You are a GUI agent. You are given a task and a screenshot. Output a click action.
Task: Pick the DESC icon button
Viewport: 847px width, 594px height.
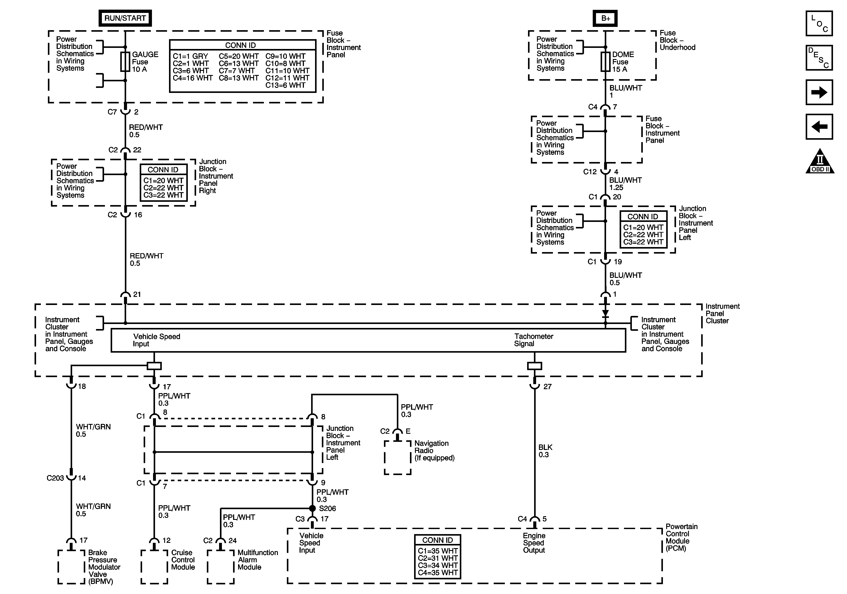(819, 57)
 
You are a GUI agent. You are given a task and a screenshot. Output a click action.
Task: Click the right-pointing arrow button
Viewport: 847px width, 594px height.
(819, 92)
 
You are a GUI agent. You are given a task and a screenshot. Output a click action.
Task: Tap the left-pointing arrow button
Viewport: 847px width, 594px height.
(819, 127)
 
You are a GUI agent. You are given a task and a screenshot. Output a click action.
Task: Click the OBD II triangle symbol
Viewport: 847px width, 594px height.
(820, 161)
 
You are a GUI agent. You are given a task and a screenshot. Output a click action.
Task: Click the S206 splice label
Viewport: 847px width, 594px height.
(328, 508)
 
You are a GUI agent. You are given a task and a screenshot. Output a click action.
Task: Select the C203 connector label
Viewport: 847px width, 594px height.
(55, 478)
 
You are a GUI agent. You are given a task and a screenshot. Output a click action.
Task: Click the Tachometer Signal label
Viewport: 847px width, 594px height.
(534, 340)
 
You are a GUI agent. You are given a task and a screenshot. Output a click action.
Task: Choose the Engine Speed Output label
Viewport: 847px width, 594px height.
(534, 543)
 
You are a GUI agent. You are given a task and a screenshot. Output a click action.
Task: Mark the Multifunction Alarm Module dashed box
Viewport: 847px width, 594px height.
(221, 567)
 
